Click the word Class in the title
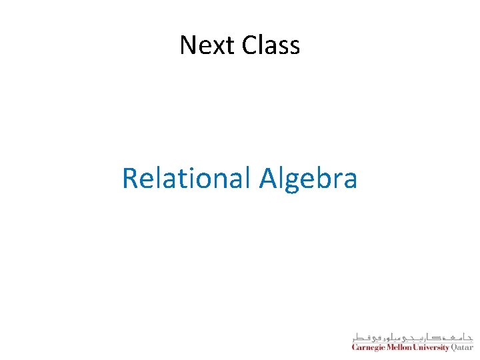271,45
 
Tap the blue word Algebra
309,179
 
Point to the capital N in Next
188,45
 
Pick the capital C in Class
249,45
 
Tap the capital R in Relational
130,178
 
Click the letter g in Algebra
292,181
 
